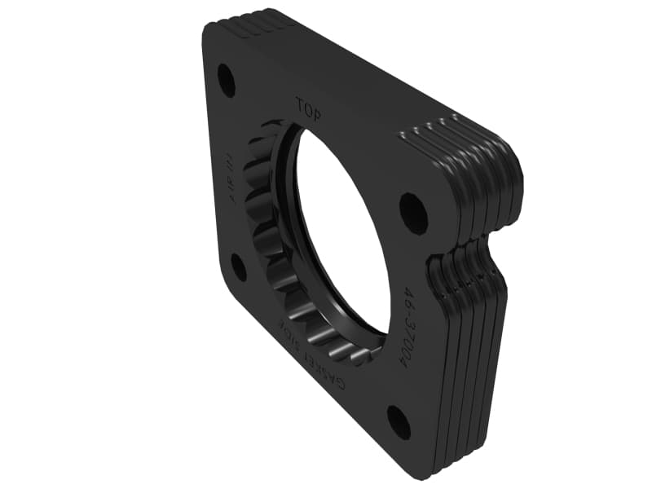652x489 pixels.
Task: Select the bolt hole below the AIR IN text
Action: [x=238, y=267]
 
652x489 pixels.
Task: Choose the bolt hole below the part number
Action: [x=399, y=421]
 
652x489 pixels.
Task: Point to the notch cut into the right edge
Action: [x=489, y=244]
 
